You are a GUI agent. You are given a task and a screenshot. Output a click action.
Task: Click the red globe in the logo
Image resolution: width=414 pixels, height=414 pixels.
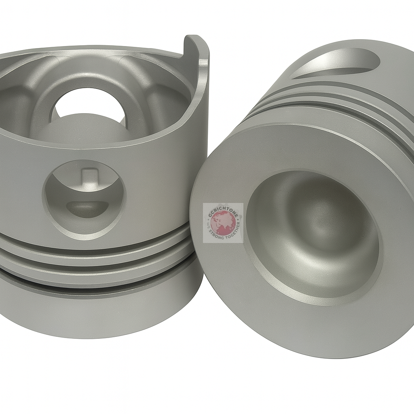click(223, 223)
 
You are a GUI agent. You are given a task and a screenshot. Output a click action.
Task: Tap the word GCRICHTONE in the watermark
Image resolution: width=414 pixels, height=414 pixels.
click(222, 211)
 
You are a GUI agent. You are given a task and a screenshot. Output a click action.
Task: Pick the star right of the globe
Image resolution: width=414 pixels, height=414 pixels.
click(241, 221)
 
